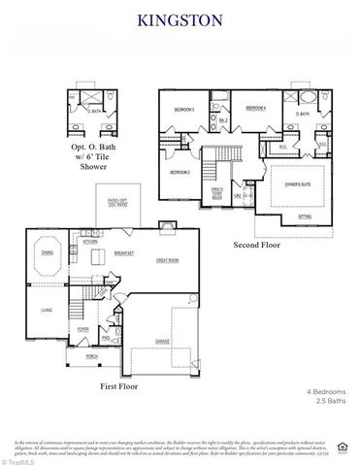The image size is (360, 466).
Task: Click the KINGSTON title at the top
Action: coord(180,18)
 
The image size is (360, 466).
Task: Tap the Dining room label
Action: coord(47,252)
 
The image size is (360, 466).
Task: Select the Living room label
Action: coord(46,311)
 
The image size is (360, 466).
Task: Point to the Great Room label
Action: coord(170,260)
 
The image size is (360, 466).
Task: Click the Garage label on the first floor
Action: coord(163,341)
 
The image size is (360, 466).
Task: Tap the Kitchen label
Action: coord(89,242)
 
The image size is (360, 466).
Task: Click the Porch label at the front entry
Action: coord(92,356)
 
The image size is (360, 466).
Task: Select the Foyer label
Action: coord(83,329)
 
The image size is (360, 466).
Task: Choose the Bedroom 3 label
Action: coord(184,109)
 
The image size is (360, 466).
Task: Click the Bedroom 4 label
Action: coord(255,107)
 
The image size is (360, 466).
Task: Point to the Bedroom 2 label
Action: coord(180,172)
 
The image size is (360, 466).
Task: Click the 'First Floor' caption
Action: coord(117,386)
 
